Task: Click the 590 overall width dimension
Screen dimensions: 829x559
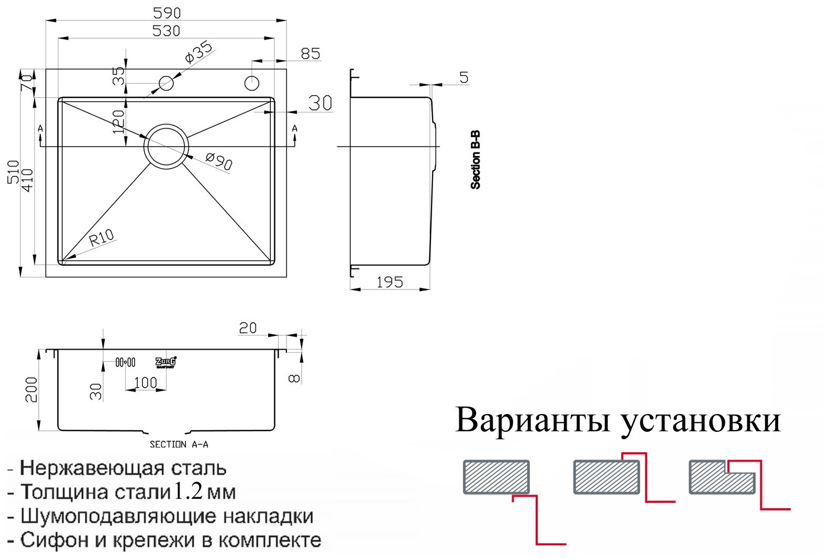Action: click(167, 13)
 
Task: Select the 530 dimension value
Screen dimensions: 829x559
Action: click(166, 31)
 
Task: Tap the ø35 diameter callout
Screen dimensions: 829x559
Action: click(198, 52)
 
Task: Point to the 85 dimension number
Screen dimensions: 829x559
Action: click(310, 53)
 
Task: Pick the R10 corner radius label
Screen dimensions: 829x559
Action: click(102, 238)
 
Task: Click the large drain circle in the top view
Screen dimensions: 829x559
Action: click(167, 147)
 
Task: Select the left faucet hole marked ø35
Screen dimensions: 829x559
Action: click(166, 83)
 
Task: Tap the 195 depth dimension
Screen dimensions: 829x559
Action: click(390, 283)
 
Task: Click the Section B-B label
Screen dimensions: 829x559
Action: click(476, 160)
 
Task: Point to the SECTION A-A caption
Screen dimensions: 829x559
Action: click(179, 444)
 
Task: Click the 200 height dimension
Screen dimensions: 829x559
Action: click(31, 389)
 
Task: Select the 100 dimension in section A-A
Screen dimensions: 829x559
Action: click(145, 383)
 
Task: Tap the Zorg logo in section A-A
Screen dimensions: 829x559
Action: click(166, 362)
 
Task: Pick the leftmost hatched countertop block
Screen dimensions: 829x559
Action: click(496, 477)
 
